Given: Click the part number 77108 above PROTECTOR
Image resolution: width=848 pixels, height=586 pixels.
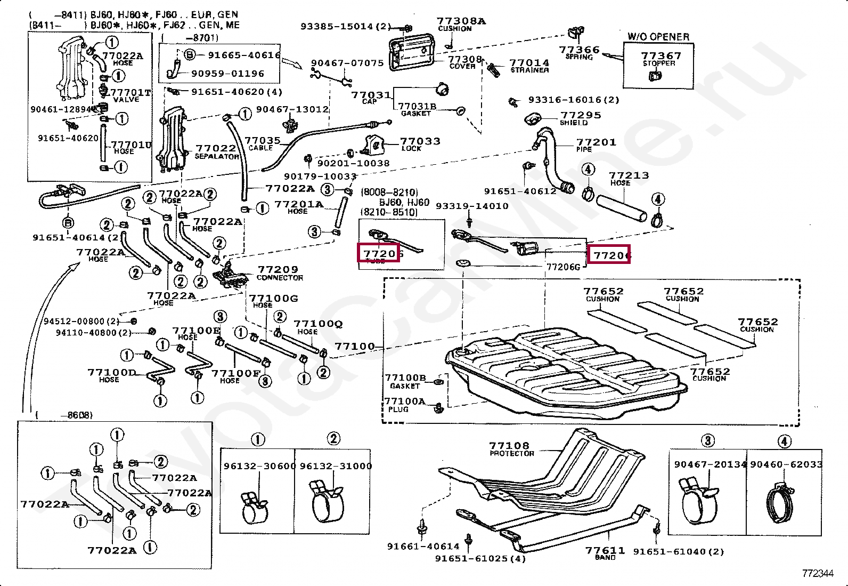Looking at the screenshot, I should pos(509,445).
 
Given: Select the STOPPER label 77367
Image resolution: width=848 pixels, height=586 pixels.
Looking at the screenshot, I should pos(661,56).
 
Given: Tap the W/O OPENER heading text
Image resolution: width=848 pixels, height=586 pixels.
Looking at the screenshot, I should pos(658,36).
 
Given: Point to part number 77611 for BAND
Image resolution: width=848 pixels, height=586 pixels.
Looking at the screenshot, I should pos(605,550).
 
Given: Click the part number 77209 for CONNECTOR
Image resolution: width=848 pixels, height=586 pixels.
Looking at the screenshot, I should pos(278,270).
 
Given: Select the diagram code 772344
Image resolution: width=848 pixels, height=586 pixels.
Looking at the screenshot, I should pos(818,573).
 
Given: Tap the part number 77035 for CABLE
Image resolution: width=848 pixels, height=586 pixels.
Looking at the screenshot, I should pos(262,141).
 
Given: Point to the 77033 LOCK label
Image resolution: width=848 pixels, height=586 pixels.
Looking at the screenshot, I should pos(420,141).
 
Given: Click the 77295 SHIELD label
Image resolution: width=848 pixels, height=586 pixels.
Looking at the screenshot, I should pos(580,115).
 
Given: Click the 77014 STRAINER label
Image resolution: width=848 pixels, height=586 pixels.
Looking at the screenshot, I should pos(529,63).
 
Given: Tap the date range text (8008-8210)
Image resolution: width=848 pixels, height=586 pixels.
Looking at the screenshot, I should pos(389,192).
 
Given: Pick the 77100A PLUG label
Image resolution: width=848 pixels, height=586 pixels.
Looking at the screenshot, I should pos(405,402).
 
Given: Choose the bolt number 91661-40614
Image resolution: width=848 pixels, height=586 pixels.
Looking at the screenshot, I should pos(423,546).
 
